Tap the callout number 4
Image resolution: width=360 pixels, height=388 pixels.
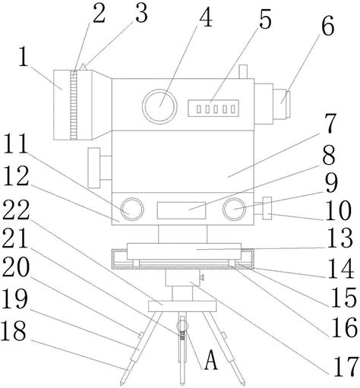click(206, 17)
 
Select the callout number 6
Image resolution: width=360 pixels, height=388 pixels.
click(328, 25)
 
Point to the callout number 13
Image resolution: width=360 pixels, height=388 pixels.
click(340, 238)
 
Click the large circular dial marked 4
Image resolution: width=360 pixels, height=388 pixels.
click(159, 106)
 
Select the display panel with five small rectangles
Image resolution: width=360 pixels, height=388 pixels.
click(213, 109)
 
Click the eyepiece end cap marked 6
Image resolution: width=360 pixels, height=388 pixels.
click(288, 103)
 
